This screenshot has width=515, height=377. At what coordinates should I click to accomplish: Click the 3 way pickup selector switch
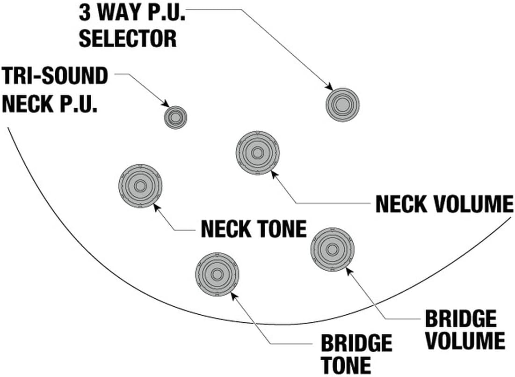click(x=342, y=104)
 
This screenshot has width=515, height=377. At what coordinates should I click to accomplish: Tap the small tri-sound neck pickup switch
click(x=175, y=117)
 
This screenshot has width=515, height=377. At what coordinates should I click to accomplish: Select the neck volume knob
click(x=257, y=153)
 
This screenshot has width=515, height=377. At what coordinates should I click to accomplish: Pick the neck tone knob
click(x=140, y=186)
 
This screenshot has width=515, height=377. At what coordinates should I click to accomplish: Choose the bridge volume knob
click(x=332, y=249)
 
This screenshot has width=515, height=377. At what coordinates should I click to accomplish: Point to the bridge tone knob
click(x=217, y=274)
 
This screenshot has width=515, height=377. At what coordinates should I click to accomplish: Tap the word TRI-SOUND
click(x=55, y=76)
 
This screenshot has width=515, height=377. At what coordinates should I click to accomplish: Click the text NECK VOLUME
click(x=444, y=204)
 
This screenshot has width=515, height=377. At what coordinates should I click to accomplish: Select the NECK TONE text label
click(x=254, y=229)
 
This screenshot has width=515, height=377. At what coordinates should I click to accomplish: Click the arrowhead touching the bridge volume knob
click(x=349, y=270)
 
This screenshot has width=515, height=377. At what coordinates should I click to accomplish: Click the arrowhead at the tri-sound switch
click(x=166, y=104)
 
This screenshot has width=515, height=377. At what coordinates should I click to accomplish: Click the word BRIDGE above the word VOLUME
click(x=460, y=319)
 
